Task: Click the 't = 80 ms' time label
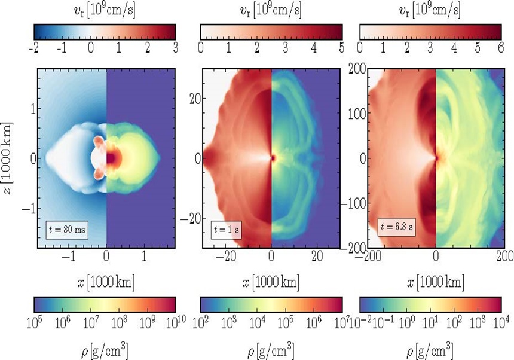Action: (x=67, y=230)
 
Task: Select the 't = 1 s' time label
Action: (x=225, y=230)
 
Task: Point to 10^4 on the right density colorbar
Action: (x=501, y=324)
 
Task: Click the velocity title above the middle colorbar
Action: (x=271, y=10)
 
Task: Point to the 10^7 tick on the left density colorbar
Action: (x=91, y=324)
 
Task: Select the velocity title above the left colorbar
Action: (x=105, y=10)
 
